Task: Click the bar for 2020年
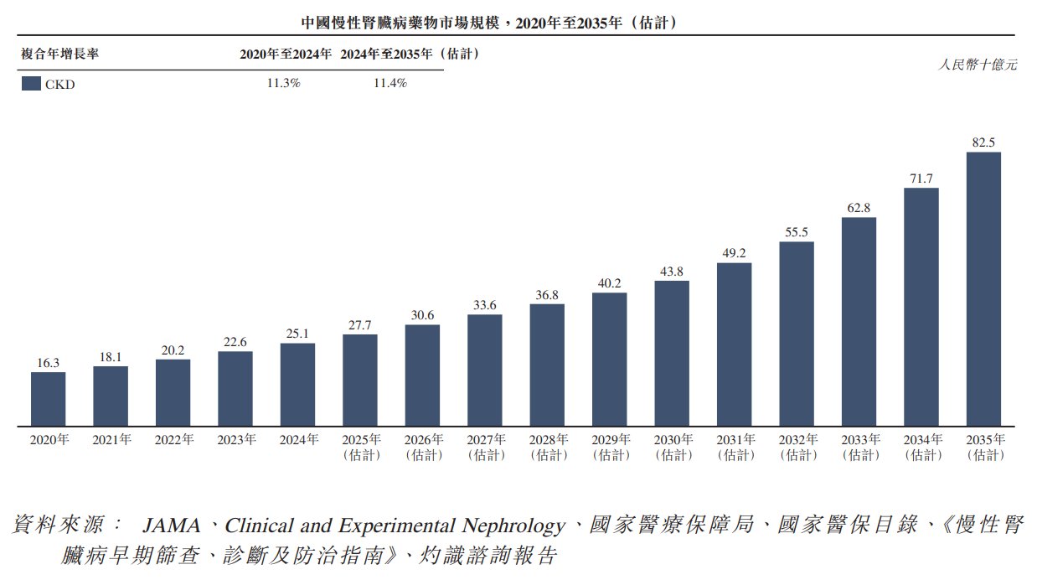coord(48,399)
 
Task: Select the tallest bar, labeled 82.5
coord(983,289)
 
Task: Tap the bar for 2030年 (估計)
coord(672,353)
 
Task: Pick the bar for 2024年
coord(297,385)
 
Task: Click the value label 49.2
coord(734,251)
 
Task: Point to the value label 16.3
coord(48,362)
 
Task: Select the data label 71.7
coord(921,177)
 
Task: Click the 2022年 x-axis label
coord(173,439)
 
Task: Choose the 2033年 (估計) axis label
coord(859,447)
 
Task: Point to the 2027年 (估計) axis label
coord(484,447)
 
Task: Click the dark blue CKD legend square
coord(32,83)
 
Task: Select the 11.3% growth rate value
coord(283,83)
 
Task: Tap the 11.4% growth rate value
coord(390,83)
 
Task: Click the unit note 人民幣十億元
coord(978,65)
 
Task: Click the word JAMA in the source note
coord(171,526)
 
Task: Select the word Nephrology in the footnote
coord(513,526)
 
